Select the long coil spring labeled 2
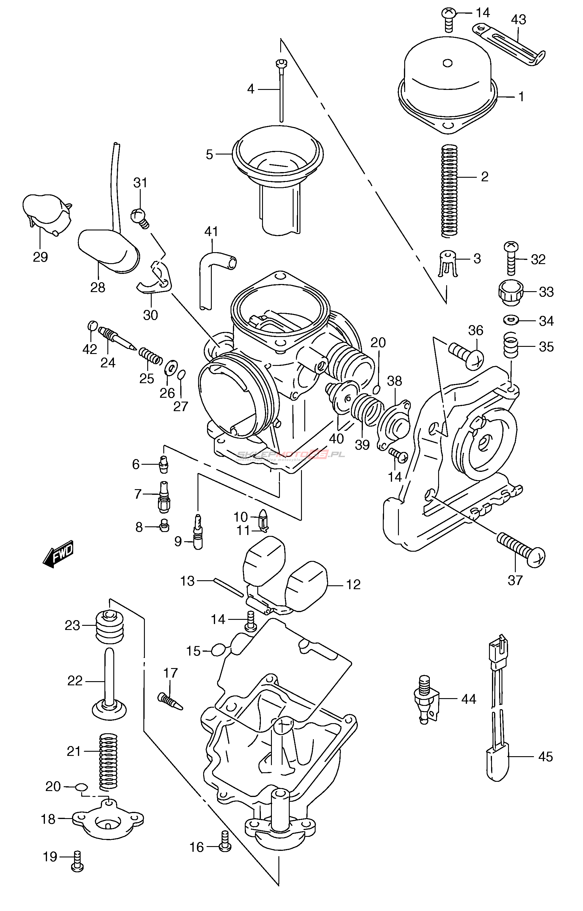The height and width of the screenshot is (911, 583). pyautogui.click(x=449, y=191)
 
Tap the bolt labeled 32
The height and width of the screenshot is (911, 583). pyautogui.click(x=511, y=259)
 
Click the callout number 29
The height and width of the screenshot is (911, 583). pyautogui.click(x=40, y=257)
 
